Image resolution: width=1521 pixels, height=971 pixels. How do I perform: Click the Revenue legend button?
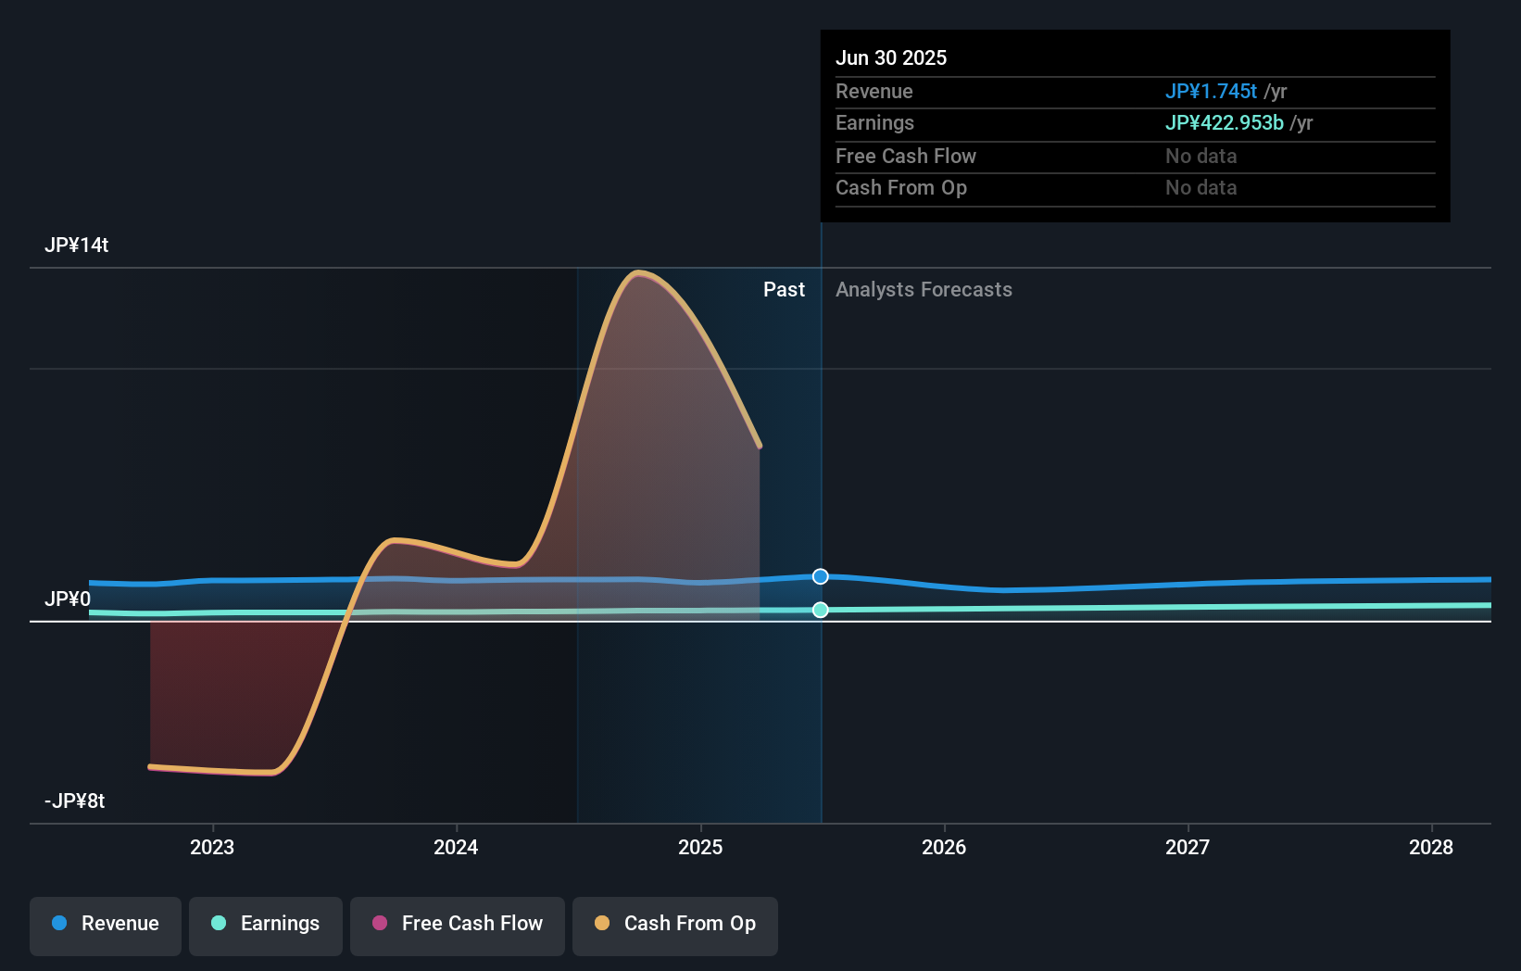106,924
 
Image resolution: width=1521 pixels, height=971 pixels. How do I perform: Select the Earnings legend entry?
266,924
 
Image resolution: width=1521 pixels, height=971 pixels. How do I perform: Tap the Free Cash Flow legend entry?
458,924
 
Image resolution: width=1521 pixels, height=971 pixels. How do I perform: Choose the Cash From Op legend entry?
675,924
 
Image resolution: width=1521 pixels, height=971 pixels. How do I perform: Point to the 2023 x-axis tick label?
212,847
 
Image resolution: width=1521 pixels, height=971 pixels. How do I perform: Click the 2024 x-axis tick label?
456,847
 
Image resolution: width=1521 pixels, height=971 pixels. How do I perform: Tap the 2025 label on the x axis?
700,847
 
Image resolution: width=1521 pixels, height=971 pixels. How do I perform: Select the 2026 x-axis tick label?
944,847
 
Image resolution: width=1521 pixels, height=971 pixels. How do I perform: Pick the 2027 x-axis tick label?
1188,847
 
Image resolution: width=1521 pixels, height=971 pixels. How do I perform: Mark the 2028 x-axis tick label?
1431,847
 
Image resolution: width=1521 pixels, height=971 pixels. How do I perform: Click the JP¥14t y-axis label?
77,246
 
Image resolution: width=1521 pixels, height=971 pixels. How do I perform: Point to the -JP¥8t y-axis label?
75,801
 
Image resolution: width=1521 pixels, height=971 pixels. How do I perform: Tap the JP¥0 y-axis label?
68,599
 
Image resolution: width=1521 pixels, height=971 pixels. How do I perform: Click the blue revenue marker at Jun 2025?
821,577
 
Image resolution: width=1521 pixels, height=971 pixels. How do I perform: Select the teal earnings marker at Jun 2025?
821,610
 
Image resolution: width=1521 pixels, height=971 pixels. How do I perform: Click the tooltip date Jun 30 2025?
891,58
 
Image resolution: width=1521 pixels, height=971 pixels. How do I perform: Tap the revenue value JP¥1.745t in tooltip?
1211,92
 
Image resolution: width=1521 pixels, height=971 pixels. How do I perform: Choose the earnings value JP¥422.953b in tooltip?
1224,123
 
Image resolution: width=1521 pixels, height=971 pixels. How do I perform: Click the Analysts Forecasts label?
924,290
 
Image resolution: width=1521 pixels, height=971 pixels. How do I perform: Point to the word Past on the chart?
784,290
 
